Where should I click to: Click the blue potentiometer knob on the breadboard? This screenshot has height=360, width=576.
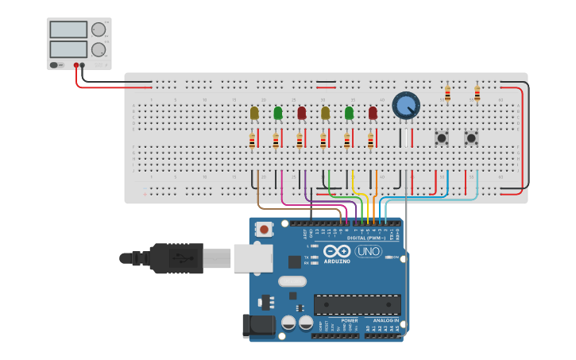point(405,105)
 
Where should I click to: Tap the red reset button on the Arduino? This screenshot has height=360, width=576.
point(263,229)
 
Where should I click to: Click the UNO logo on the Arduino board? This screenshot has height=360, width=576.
point(368,251)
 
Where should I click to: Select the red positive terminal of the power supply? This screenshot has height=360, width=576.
point(77,65)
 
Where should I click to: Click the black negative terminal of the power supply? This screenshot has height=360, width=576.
point(83,65)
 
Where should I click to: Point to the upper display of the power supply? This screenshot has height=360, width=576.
point(68,29)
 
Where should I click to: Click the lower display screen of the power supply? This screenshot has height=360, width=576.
point(68,48)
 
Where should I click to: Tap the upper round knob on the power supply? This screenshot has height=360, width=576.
point(99,29)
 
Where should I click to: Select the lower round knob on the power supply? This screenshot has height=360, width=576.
point(99,49)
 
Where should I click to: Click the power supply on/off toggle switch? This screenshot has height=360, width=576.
point(56,65)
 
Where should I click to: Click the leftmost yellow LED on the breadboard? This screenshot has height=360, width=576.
point(254,113)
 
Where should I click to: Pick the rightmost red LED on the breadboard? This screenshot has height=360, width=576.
point(373,113)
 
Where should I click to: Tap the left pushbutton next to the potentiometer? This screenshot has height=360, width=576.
point(442,138)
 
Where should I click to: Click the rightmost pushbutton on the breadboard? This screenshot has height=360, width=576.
point(471,138)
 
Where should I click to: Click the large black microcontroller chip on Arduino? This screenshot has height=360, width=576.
point(357,304)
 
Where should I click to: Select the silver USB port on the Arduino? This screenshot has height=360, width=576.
point(253,258)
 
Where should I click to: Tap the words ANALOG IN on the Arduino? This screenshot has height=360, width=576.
point(386,320)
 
